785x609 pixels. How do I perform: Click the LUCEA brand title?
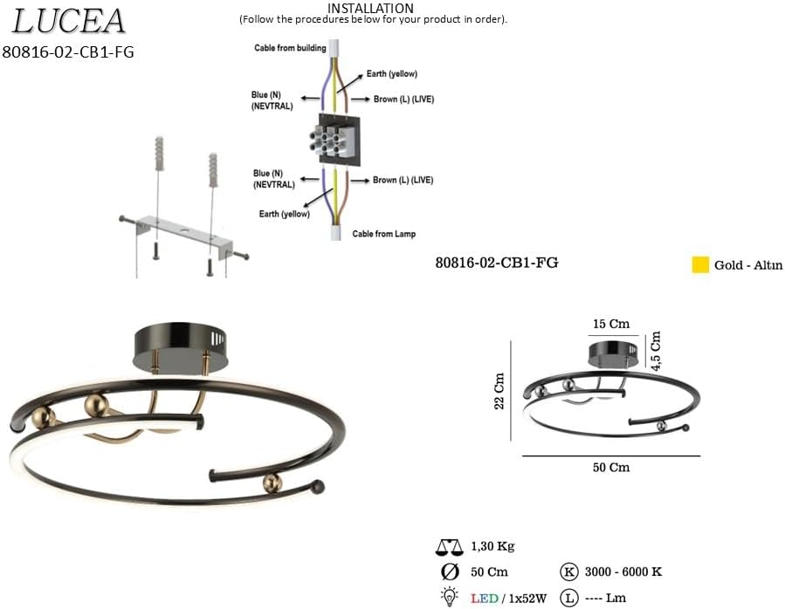point(68,21)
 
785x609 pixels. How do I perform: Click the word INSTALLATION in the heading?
point(370,9)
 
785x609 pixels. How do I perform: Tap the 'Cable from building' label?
point(290,48)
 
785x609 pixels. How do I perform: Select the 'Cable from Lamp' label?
point(384,234)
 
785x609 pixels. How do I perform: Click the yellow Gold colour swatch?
point(700,264)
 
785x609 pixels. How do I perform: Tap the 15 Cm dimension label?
point(610,324)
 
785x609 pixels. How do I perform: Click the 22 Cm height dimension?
point(499,391)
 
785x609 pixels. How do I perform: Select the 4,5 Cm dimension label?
point(656,350)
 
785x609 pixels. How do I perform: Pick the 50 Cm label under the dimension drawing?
point(610,468)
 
